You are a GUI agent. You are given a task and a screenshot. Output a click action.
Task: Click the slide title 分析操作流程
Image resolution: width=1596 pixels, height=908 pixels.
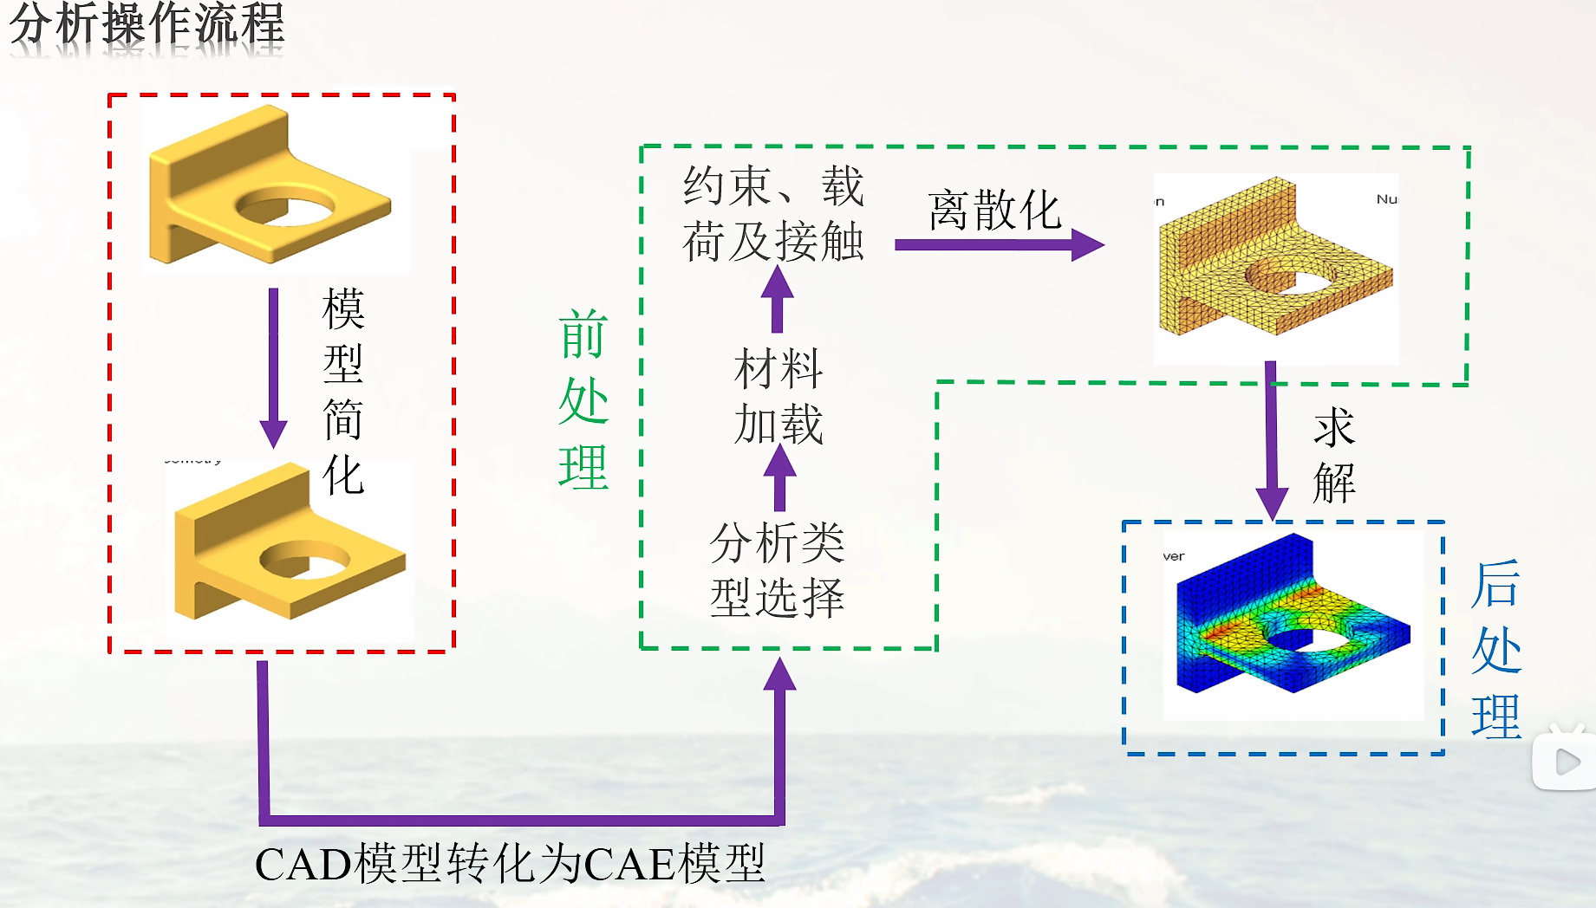[x=147, y=24]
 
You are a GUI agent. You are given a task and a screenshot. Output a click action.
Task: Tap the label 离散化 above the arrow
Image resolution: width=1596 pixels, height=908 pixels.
[x=994, y=211]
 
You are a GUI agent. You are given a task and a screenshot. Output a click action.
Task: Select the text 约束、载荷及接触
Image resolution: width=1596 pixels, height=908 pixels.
[x=773, y=213]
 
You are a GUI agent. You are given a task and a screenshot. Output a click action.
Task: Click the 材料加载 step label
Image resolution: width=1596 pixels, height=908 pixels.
[x=778, y=396]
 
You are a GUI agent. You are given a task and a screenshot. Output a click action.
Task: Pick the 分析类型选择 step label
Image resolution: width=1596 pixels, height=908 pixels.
[x=777, y=570]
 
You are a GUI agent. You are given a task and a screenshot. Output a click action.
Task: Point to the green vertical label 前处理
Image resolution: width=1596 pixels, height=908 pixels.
[x=583, y=400]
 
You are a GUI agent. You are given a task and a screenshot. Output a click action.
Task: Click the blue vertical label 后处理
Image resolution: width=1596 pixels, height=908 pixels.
[x=1495, y=650]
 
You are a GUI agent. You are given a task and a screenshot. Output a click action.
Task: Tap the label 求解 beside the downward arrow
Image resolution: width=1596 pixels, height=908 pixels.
[x=1333, y=456]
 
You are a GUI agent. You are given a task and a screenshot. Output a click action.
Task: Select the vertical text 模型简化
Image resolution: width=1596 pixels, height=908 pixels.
[x=343, y=392]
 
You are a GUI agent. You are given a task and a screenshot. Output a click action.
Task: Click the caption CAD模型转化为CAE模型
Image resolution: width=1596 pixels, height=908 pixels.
[x=510, y=864]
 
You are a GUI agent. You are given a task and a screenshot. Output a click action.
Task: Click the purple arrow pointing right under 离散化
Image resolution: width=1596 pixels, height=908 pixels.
[x=997, y=245]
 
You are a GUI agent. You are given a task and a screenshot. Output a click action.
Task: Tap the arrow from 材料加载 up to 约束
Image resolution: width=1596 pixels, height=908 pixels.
[x=778, y=299]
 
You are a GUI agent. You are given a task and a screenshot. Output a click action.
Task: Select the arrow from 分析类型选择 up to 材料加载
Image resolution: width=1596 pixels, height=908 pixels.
[x=779, y=478]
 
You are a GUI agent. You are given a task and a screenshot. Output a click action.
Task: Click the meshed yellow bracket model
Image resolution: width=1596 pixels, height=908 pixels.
[x=1274, y=260]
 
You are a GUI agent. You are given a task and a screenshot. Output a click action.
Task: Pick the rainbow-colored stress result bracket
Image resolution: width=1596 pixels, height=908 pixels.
[x=1292, y=619]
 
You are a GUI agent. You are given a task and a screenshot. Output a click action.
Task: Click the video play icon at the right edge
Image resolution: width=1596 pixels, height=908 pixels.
[x=1566, y=762]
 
